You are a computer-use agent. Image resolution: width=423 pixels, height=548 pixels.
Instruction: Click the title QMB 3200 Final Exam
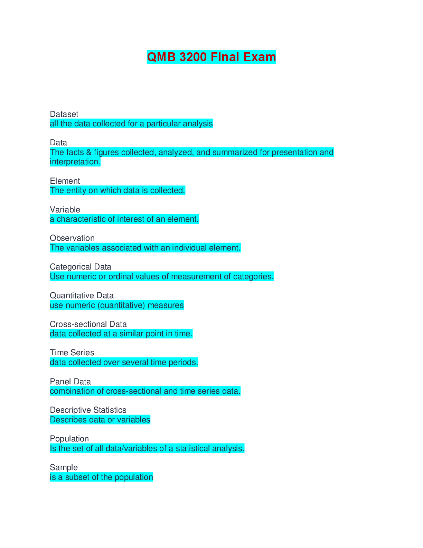point(211,57)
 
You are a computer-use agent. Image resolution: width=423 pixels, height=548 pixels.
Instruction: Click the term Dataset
point(64,114)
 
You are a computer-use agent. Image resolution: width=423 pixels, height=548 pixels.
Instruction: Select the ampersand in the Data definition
point(89,152)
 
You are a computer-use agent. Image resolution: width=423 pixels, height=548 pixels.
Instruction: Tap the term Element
point(65,181)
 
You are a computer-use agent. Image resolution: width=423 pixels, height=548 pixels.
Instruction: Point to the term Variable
point(65,210)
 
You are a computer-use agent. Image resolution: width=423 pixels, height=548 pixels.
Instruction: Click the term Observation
point(72,238)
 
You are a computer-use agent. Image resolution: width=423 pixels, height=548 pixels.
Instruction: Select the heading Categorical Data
point(81,267)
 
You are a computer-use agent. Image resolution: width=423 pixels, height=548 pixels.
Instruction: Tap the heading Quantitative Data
point(82,295)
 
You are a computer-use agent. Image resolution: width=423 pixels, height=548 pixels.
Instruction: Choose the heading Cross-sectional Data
point(88,324)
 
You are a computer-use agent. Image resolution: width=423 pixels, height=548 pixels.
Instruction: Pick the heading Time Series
point(72,353)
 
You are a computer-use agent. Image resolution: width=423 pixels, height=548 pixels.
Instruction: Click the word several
point(133,362)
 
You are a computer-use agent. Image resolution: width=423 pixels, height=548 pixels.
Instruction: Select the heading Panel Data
point(70,382)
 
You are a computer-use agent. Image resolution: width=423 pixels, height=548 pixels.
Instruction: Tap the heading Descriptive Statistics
point(88,410)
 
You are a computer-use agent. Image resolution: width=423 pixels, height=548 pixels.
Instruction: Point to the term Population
point(69,439)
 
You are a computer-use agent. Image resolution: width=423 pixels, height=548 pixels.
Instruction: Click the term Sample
point(64,467)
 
